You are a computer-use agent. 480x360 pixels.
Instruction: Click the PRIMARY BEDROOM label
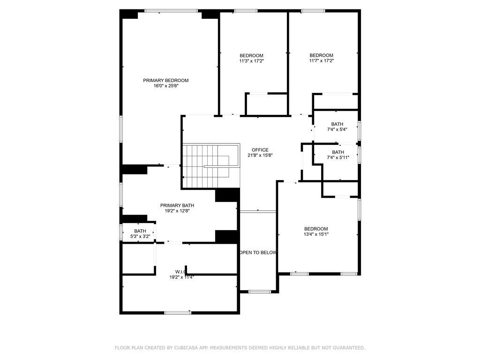[165, 81]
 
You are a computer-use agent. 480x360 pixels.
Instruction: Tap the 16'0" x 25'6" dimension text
[166, 86]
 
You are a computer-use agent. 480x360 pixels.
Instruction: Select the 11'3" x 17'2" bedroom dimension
[251, 61]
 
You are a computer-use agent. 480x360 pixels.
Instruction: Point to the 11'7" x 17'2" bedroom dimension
[322, 60]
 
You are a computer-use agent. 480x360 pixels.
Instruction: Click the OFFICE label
[260, 150]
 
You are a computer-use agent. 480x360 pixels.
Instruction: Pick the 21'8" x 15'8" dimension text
[260, 155]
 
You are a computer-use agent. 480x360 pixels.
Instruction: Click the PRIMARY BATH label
[177, 205]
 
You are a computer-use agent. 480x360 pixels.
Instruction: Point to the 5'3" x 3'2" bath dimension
[140, 236]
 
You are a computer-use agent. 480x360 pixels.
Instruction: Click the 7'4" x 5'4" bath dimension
[337, 129]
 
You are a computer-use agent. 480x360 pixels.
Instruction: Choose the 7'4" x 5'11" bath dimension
[338, 157]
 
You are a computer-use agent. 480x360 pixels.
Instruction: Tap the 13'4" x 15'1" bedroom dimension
[316, 234]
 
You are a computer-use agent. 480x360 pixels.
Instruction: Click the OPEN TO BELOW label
[258, 253]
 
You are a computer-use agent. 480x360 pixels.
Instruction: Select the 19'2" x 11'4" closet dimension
[181, 277]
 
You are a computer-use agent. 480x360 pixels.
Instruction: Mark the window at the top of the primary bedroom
[171, 11]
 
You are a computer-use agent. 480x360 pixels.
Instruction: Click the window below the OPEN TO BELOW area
[259, 292]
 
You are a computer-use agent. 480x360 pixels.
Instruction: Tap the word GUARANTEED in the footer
[348, 348]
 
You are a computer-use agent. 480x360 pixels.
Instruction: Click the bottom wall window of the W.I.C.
[178, 313]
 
